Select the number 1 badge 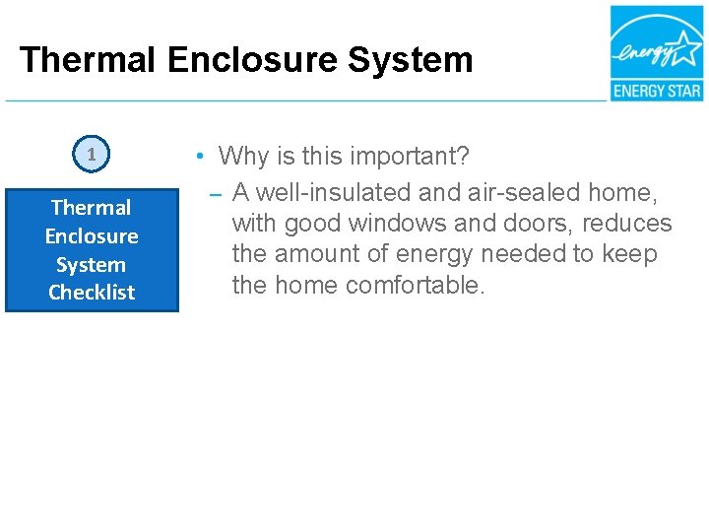pos(92,154)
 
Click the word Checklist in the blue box pos(92,293)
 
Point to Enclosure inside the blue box pos(92,236)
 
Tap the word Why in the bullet pos(242,157)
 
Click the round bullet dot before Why pos(199,157)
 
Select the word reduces pos(627,223)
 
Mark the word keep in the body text pos(632,254)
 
